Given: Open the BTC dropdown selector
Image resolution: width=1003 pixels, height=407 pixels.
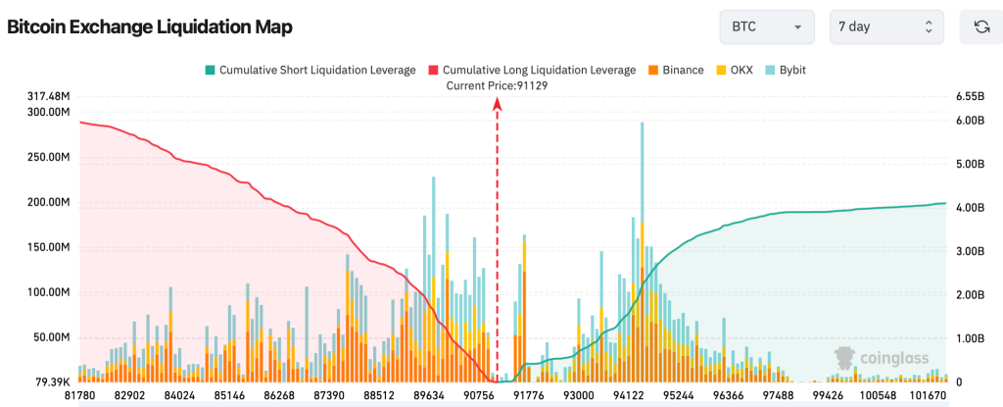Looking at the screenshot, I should (x=767, y=27).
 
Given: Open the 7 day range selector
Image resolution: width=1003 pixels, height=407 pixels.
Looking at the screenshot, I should (x=885, y=27).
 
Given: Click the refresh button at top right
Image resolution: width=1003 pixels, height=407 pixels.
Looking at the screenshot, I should (x=980, y=27).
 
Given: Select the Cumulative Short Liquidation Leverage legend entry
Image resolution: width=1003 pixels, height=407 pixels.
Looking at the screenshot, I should (x=310, y=71).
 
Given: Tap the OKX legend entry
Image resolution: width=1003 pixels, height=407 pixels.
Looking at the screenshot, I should (x=734, y=71).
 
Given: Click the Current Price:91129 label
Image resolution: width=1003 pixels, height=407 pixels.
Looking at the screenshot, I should (x=498, y=85).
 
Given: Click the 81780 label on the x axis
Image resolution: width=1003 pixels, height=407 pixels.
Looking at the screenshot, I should (x=79, y=395).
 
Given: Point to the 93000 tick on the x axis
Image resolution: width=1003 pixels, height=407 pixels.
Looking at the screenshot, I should (x=578, y=395).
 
